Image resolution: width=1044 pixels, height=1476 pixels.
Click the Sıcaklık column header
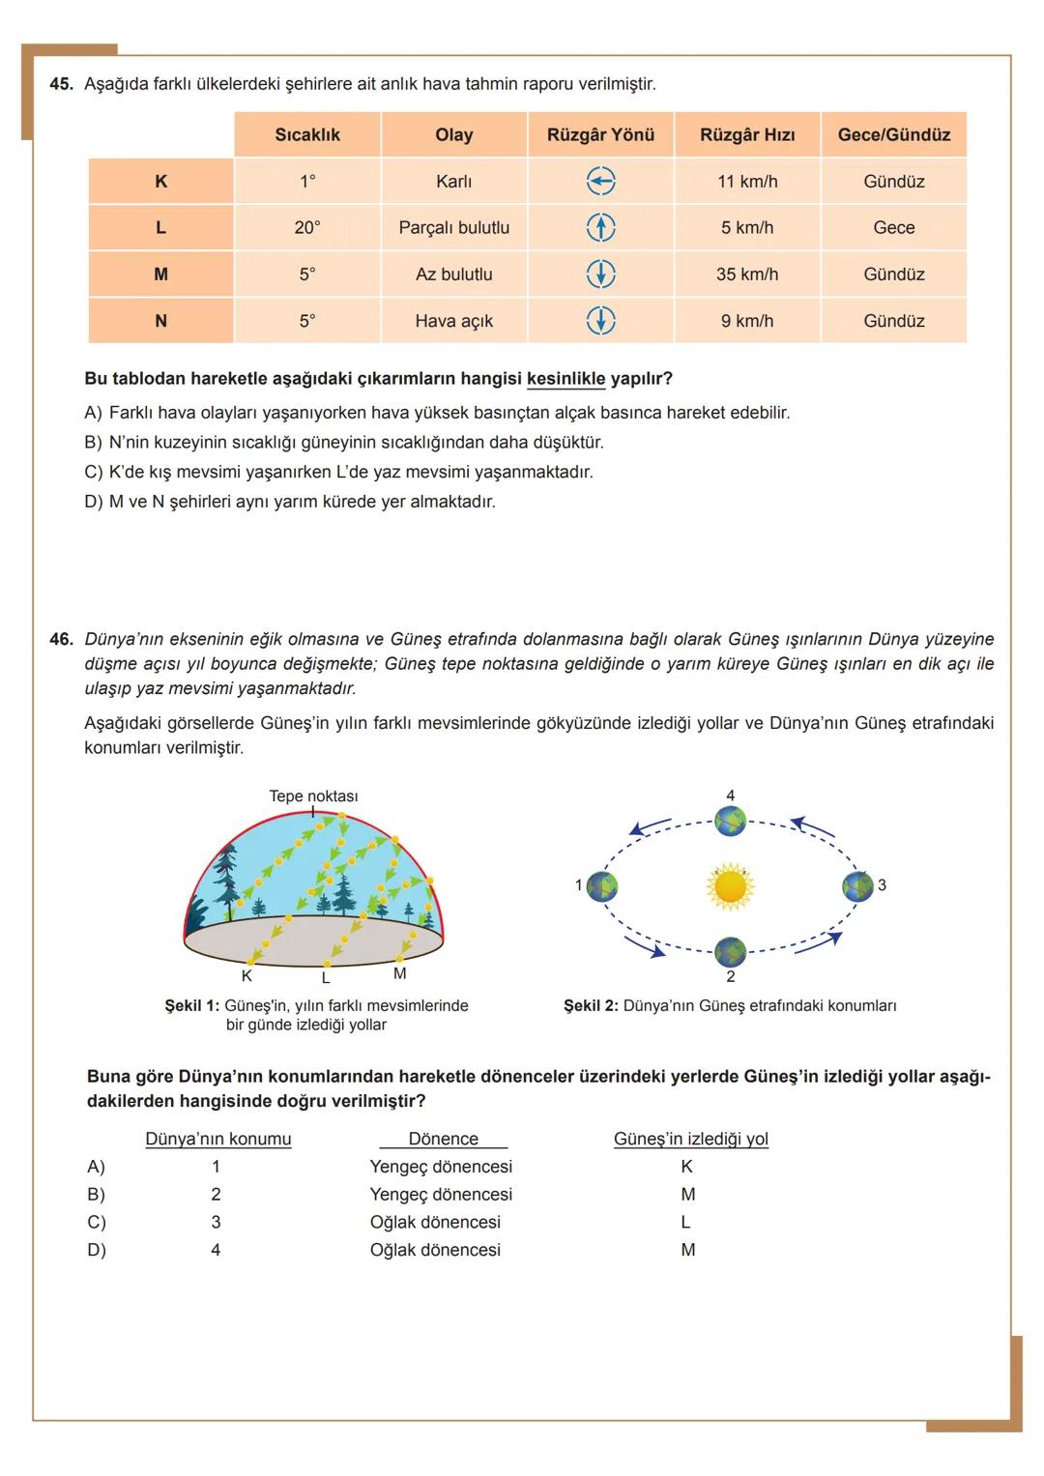307,135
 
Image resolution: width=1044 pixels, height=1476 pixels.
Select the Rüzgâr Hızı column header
747,135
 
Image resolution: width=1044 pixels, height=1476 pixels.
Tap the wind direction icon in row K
600,181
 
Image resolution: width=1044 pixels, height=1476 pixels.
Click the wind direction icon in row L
600,227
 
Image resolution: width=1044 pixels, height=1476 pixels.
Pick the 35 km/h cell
747,275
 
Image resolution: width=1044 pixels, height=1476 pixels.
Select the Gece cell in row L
893,227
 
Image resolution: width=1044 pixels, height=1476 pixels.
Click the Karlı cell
453,182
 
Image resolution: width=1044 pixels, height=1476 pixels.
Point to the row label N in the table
160,321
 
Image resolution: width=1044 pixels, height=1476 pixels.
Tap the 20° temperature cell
307,228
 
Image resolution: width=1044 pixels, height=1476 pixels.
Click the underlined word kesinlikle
565,379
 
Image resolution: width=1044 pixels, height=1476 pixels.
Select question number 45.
61,84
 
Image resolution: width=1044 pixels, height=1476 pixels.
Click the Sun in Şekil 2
730,885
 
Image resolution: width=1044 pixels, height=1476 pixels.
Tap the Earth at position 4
731,822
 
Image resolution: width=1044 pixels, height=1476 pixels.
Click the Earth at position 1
602,885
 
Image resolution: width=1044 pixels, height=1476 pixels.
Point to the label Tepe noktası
313,796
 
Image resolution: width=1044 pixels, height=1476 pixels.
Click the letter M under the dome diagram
399,974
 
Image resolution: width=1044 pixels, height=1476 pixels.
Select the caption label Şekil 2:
591,1006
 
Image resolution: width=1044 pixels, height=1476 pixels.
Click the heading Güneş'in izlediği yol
690,1139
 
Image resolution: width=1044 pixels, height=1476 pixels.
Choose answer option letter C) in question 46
97,1223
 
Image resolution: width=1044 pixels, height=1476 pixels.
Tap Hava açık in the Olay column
453,321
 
